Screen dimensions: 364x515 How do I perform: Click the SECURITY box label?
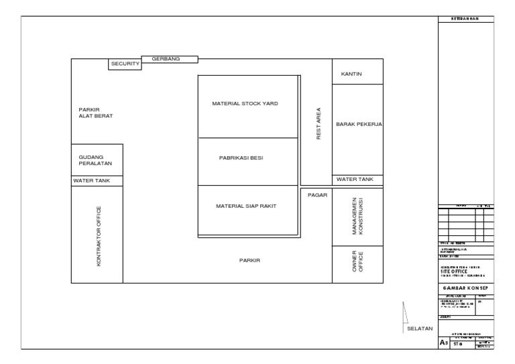click(x=125, y=64)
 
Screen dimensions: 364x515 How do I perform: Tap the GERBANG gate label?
click(x=166, y=59)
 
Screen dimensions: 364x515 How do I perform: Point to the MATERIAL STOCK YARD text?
click(x=245, y=104)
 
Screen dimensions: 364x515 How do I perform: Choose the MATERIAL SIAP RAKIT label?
click(x=245, y=206)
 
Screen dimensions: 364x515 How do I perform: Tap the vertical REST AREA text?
click(x=319, y=124)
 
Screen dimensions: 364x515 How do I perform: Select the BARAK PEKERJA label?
click(x=359, y=124)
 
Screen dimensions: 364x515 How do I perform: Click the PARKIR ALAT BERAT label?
click(x=95, y=113)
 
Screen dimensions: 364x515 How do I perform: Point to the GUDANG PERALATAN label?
click(x=95, y=160)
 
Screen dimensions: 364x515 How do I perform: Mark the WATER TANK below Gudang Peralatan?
click(x=92, y=180)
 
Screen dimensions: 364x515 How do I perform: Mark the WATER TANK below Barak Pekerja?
click(x=355, y=180)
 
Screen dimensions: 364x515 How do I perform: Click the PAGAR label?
click(x=317, y=194)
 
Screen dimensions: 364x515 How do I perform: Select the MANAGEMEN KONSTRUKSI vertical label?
click(x=357, y=217)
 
